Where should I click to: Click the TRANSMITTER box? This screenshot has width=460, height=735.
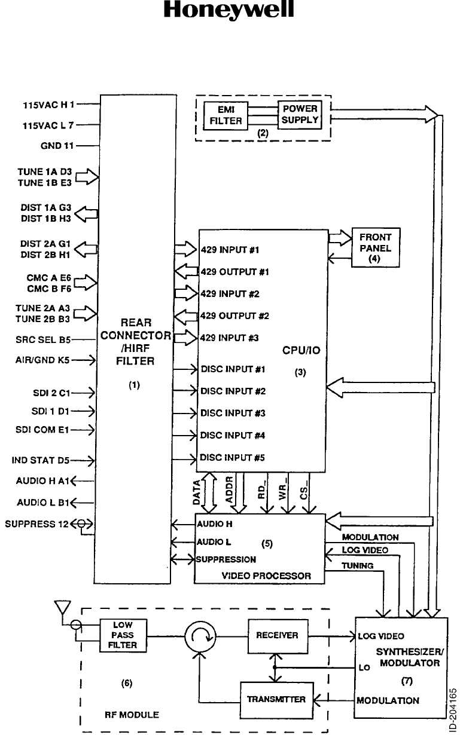(x=276, y=699)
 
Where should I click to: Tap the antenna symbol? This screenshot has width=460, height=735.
(x=60, y=608)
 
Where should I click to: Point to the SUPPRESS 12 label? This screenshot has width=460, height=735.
(x=36, y=524)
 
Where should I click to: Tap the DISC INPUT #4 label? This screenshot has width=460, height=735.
(x=233, y=436)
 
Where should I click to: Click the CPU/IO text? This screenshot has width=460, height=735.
(x=301, y=351)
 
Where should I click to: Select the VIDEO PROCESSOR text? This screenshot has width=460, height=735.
(x=266, y=576)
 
